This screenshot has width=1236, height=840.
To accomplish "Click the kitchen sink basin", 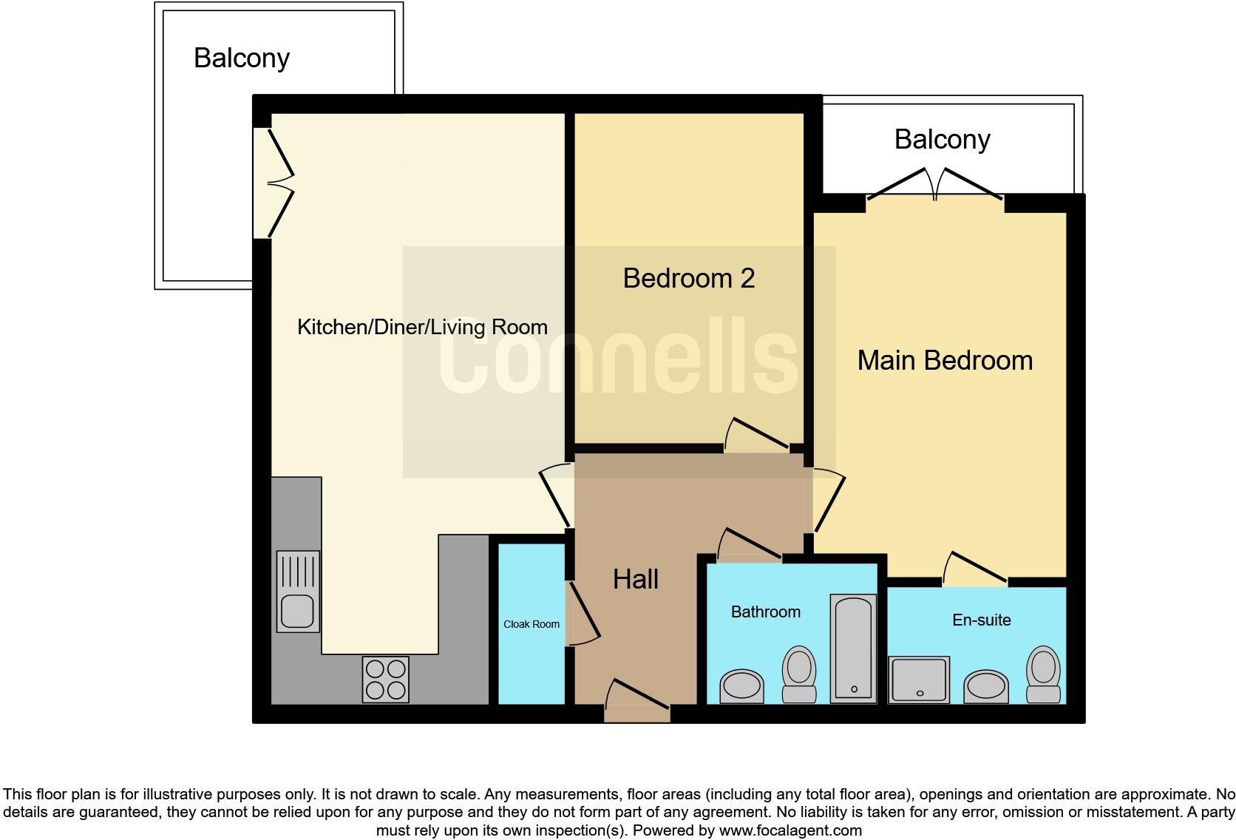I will pyautogui.click(x=297, y=611).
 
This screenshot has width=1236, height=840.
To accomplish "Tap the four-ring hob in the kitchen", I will pyautogui.click(x=385, y=680).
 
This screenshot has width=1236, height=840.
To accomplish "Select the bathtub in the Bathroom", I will pyautogui.click(x=853, y=648).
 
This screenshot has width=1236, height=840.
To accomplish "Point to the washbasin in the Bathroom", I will pyautogui.click(x=741, y=685).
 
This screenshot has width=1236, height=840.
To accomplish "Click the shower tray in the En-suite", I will pyautogui.click(x=919, y=679).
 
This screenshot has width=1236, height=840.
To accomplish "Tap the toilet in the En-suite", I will pyautogui.click(x=1043, y=674).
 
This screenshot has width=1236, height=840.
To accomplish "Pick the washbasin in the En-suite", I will pyautogui.click(x=986, y=686).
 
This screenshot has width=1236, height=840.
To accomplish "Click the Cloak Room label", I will pyautogui.click(x=532, y=624).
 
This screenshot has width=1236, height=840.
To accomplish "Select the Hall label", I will pyautogui.click(x=635, y=579).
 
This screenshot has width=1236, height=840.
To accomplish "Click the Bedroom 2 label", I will pyautogui.click(x=688, y=278).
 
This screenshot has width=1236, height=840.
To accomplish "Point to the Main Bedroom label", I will pyautogui.click(x=945, y=360).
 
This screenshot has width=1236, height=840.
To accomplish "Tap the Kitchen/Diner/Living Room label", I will pyautogui.click(x=422, y=327).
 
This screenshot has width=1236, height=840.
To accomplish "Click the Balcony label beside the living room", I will pyautogui.click(x=241, y=58).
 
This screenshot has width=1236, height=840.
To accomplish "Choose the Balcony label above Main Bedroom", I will pyautogui.click(x=942, y=139).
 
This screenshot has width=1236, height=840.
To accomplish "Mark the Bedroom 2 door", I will pyautogui.click(x=757, y=438).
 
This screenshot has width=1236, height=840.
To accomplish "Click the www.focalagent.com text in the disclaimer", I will pyautogui.click(x=790, y=830).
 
